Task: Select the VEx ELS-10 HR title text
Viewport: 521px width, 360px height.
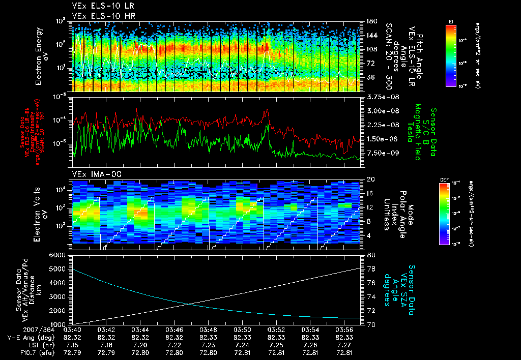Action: pos(97,16)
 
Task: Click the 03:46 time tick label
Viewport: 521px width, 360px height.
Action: pos(174,330)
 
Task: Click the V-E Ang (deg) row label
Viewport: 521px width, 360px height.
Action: pos(28,337)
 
